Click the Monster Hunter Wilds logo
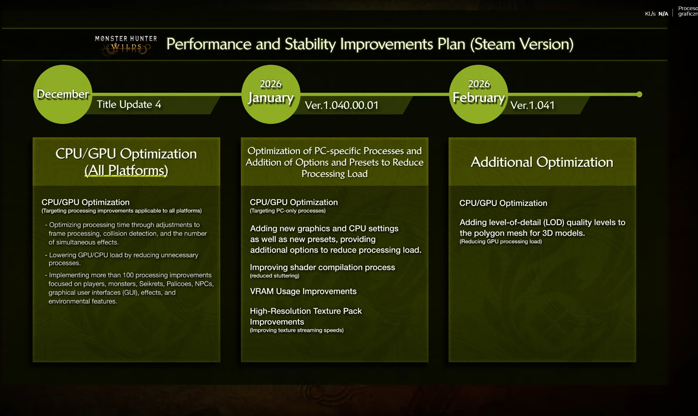pyautogui.click(x=126, y=45)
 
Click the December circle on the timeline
pyautogui.click(x=63, y=94)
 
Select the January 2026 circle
pyautogui.click(x=271, y=94)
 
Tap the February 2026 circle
pyautogui.click(x=479, y=94)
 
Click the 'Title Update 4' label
pyautogui.click(x=129, y=104)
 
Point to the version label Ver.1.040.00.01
pyautogui.click(x=342, y=105)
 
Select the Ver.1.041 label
pyautogui.click(x=532, y=105)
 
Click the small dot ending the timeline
pyautogui.click(x=639, y=94)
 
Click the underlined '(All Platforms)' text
pyautogui.click(x=126, y=170)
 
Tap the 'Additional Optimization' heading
pyautogui.click(x=542, y=162)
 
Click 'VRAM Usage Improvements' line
pyautogui.click(x=303, y=291)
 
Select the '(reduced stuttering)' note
pyautogui.click(x=275, y=276)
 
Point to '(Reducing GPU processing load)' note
pyautogui.click(x=501, y=241)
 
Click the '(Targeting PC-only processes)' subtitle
pyautogui.click(x=288, y=211)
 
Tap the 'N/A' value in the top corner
pyautogui.click(x=663, y=14)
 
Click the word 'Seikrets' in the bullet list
pyautogui.click(x=151, y=284)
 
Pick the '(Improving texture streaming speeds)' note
pyautogui.click(x=297, y=330)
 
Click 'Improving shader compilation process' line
pyautogui.click(x=322, y=267)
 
